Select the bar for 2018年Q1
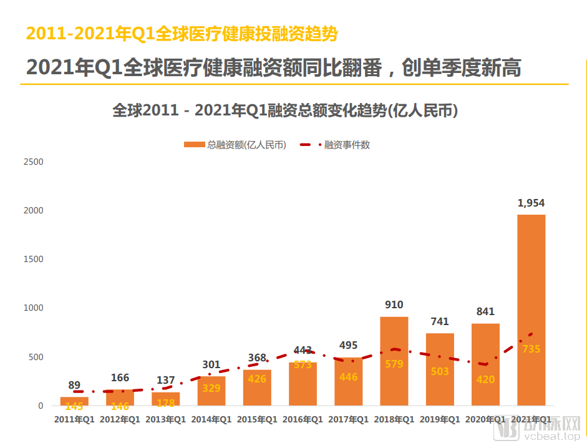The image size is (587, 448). click(394, 374)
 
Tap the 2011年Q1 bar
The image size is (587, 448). click(74, 399)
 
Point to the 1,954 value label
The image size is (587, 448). click(531, 203)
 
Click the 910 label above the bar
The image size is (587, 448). click(394, 305)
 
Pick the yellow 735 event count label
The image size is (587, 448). click(531, 349)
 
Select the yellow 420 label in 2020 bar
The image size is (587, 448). click(485, 379)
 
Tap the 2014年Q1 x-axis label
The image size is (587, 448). click(211, 420)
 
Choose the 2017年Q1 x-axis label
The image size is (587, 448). click(349, 420)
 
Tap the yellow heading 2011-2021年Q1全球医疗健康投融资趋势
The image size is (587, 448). click(182, 34)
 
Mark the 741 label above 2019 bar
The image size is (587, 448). click(440, 321)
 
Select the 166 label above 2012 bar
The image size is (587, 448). click(120, 377)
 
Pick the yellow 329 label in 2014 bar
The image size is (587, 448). click(211, 388)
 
